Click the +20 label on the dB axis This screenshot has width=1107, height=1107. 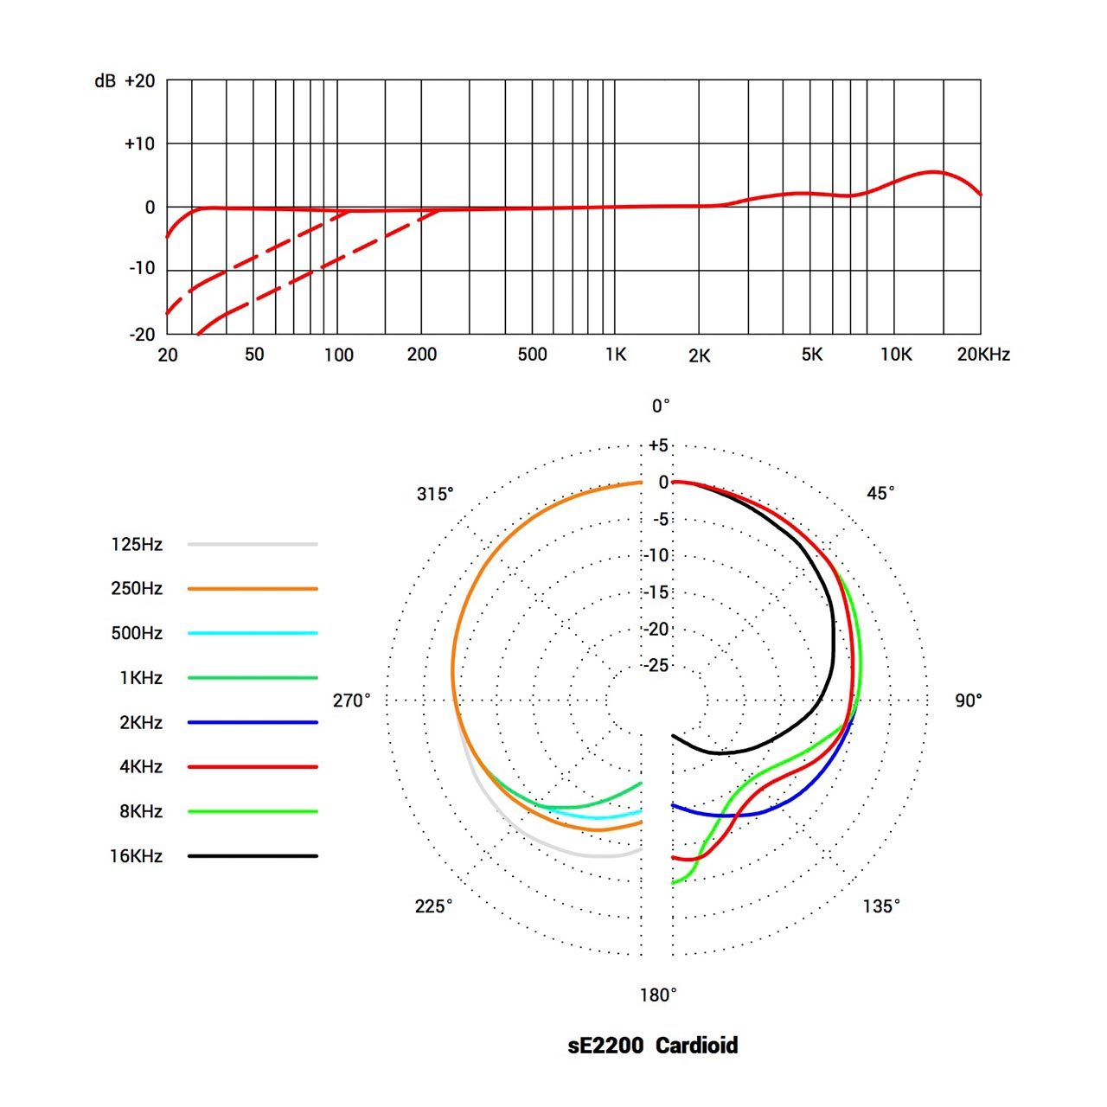pyautogui.click(x=140, y=81)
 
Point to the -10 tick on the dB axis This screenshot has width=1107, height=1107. pyautogui.click(x=142, y=268)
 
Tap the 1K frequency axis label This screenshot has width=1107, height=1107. pyautogui.click(x=615, y=354)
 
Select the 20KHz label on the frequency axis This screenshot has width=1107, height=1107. pyautogui.click(x=983, y=354)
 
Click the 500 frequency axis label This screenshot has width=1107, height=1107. pyautogui.click(x=532, y=354)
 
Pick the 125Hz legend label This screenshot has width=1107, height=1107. pyautogui.click(x=137, y=544)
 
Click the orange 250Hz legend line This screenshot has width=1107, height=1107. pyautogui.click(x=253, y=589)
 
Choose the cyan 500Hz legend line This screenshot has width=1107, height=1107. pyautogui.click(x=253, y=633)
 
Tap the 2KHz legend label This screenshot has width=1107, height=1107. pyautogui.click(x=141, y=722)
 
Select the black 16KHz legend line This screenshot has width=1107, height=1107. pyautogui.click(x=253, y=856)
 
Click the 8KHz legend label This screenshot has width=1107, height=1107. pyautogui.click(x=141, y=811)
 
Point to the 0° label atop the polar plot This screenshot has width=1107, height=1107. pyautogui.click(x=661, y=406)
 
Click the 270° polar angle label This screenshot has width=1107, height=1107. pyautogui.click(x=351, y=701)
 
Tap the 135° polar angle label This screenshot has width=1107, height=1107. pyautogui.click(x=880, y=906)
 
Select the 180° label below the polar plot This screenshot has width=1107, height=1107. pyautogui.click(x=658, y=995)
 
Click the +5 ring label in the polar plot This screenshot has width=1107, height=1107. pyautogui.click(x=658, y=445)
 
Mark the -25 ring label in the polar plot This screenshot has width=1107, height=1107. pyautogui.click(x=657, y=665)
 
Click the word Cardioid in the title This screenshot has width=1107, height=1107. pyautogui.click(x=696, y=1046)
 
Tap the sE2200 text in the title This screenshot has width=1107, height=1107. pyautogui.click(x=605, y=1046)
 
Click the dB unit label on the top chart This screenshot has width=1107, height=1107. pyautogui.click(x=105, y=81)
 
